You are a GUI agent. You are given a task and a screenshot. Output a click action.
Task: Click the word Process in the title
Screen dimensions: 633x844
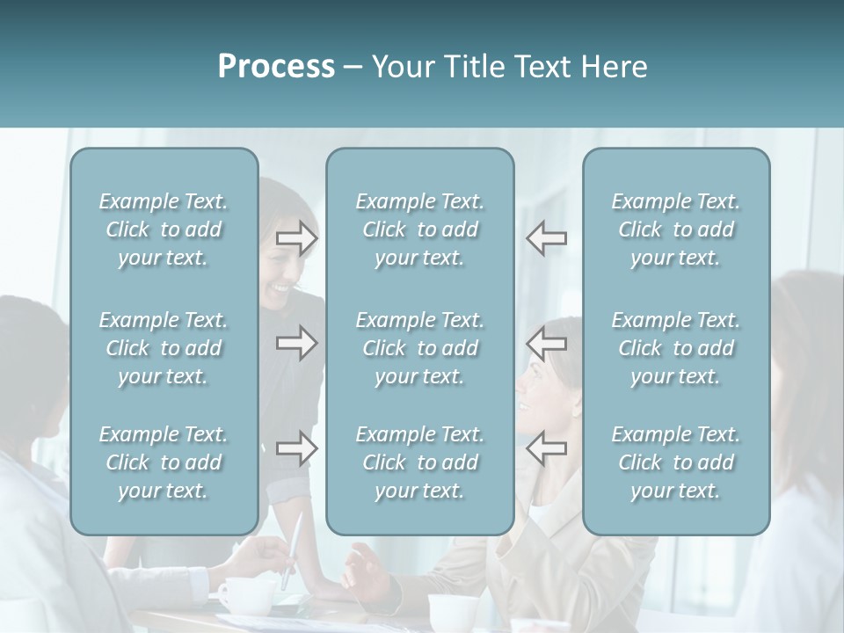276,67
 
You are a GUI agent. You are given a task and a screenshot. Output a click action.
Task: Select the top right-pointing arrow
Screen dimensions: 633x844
297,237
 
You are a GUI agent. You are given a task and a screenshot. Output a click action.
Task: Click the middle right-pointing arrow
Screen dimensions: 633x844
297,343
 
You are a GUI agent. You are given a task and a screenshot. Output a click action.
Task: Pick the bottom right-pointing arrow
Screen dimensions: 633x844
297,448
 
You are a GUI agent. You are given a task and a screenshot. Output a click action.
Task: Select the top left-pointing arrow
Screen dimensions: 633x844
547,237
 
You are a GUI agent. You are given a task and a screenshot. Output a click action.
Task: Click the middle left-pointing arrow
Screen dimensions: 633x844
547,343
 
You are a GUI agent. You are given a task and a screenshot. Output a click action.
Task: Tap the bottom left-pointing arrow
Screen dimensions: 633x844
547,448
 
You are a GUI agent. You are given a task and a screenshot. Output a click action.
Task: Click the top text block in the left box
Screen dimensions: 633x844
164,229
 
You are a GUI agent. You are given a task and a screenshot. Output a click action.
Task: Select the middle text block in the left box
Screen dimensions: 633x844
164,348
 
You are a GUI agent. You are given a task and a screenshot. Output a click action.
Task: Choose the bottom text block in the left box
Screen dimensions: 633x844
164,462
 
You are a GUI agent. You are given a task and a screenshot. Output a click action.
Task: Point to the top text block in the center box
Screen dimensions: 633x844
420,229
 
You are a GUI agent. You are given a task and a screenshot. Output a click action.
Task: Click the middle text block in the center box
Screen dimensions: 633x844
420,348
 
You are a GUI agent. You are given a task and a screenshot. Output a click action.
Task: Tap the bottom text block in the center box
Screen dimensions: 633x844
420,462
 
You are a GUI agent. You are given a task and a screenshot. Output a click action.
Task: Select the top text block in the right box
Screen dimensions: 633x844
676,229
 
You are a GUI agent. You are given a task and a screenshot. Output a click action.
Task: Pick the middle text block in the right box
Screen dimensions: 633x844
676,348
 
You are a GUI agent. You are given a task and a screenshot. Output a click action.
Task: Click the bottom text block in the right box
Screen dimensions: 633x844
676,462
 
